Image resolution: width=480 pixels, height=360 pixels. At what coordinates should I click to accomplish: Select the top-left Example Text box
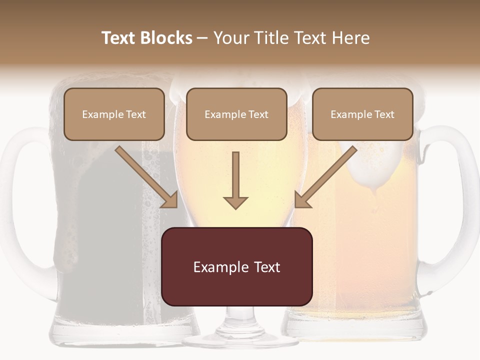pyautogui.click(x=114, y=114)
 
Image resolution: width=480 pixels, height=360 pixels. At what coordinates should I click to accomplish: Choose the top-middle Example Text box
pyautogui.click(x=236, y=114)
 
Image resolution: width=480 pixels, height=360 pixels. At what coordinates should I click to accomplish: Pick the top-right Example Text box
pyautogui.click(x=362, y=114)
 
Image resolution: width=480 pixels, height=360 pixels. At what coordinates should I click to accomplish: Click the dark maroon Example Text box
pyautogui.click(x=236, y=267)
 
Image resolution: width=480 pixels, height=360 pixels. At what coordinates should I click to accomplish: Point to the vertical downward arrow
pyautogui.click(x=235, y=180)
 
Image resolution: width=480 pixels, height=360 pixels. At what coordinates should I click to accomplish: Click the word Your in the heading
pyautogui.click(x=231, y=38)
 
